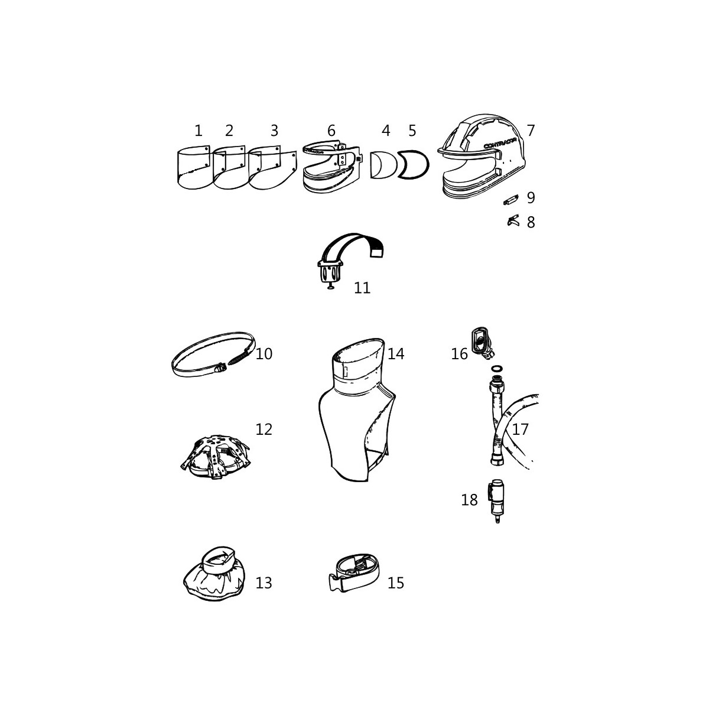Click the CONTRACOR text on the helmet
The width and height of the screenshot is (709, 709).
click(x=500, y=144)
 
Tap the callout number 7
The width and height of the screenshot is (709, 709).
click(x=530, y=131)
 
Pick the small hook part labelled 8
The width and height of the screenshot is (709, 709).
click(x=513, y=221)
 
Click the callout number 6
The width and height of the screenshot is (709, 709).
click(x=331, y=131)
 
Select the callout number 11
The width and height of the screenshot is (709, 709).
click(x=362, y=288)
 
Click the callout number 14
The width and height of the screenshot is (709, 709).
click(x=396, y=353)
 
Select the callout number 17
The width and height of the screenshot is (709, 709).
click(x=520, y=429)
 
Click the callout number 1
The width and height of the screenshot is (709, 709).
click(x=199, y=131)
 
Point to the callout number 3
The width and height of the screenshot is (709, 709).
click(x=275, y=131)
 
